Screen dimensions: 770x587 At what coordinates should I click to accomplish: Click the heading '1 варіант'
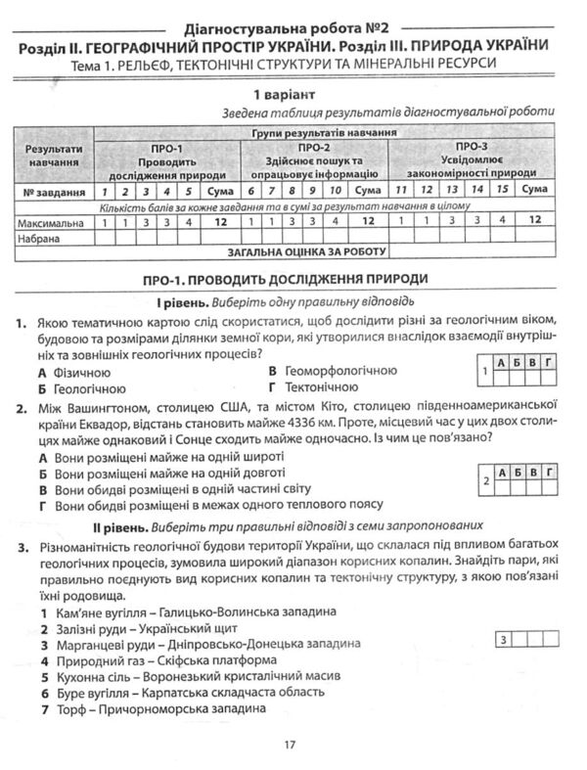pyautogui.click(x=291, y=95)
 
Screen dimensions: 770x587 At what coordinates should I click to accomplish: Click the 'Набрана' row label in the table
pyautogui.click(x=41, y=238)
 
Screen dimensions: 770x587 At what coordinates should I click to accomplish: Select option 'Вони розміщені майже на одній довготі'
pyautogui.click(x=169, y=473)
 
